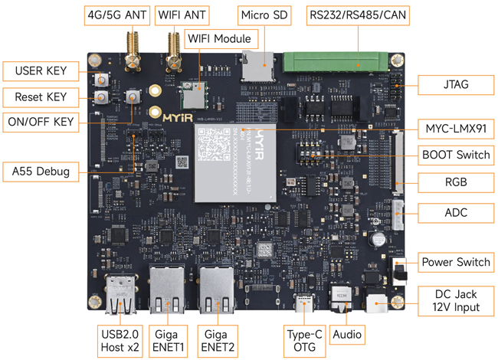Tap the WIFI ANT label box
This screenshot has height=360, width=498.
pyautogui.click(x=183, y=15)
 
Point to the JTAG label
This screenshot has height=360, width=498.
pyautogui.click(x=456, y=84)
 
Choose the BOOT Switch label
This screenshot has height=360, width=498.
pyautogui.click(x=456, y=155)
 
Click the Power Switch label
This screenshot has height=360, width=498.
pyautogui.click(x=456, y=262)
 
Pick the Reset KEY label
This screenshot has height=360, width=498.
pyautogui.click(x=41, y=97)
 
